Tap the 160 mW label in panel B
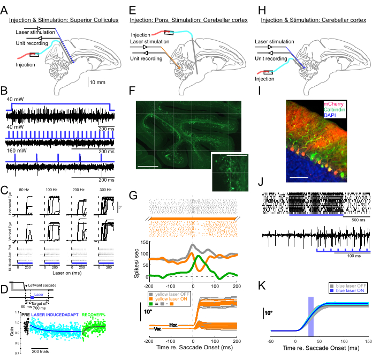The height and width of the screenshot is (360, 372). pos(14,152)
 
